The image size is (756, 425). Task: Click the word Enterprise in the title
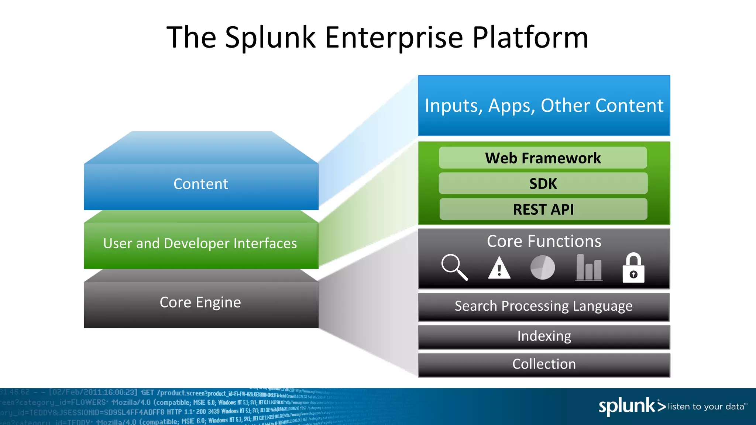click(394, 38)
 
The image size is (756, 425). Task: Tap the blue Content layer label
click(201, 184)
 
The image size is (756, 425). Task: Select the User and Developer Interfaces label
click(200, 243)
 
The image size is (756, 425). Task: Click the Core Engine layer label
click(200, 303)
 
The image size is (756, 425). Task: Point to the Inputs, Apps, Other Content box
click(544, 106)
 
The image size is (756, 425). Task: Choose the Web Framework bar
click(543, 158)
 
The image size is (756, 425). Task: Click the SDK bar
click(543, 184)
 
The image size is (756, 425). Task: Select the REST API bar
click(543, 210)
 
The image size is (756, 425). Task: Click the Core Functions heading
click(544, 241)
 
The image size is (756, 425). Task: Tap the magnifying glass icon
click(454, 267)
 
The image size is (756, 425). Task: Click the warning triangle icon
click(499, 269)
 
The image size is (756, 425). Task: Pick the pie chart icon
click(542, 267)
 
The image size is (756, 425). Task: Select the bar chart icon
click(589, 267)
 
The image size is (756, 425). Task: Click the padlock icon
click(633, 268)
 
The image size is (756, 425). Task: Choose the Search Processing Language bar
click(543, 307)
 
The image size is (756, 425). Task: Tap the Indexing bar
click(544, 336)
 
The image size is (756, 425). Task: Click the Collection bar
click(544, 364)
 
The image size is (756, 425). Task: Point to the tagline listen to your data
click(707, 407)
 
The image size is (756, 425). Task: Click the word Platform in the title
click(530, 38)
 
